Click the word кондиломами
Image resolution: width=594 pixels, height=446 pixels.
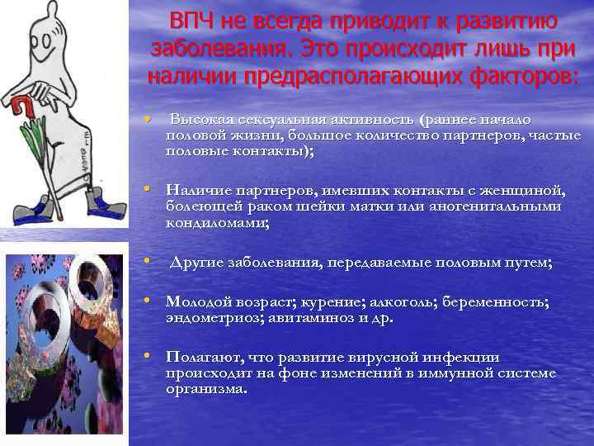[x=215, y=223]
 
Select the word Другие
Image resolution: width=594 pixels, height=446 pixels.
[x=198, y=263]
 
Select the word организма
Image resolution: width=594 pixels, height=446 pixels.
[x=205, y=389]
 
